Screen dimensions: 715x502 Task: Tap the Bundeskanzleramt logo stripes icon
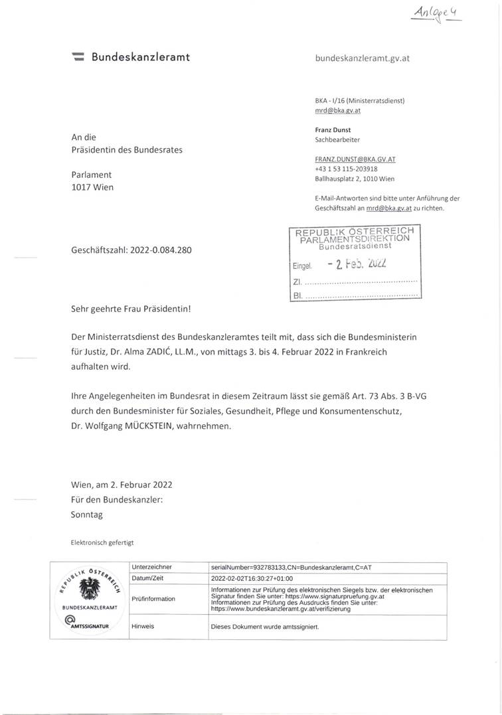click(78, 57)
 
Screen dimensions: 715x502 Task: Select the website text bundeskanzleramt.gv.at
click(362, 58)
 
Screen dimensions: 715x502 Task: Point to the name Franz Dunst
click(332, 130)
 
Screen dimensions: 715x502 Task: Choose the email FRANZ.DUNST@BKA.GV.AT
click(350, 159)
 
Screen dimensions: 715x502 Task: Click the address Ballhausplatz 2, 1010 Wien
click(355, 179)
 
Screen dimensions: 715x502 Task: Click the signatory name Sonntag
click(87, 514)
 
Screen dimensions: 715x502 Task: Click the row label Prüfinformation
click(153, 599)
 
